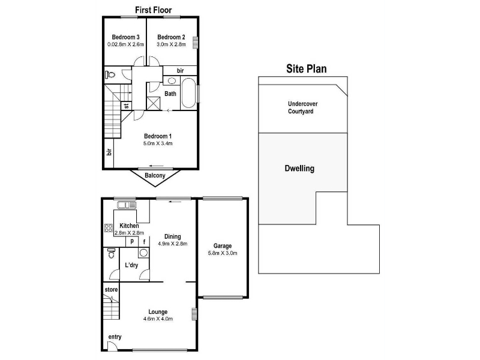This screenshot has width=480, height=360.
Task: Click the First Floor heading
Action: [154, 10]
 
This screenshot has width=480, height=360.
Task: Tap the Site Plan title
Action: [307, 68]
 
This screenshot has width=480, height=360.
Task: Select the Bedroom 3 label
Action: [125, 37]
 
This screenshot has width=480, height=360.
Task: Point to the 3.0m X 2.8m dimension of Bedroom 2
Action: [171, 44]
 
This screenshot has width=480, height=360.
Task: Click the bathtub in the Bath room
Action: [188, 93]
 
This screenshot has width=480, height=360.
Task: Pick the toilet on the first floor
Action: [110, 74]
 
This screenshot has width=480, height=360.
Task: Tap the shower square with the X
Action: [153, 103]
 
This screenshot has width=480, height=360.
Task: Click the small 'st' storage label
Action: [127, 106]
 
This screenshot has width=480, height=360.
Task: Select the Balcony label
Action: [155, 175]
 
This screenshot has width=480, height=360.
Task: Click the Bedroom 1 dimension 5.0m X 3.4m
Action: [158, 143]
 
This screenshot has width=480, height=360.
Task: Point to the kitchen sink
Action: [127, 205]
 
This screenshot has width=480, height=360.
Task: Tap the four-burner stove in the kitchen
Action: [109, 228]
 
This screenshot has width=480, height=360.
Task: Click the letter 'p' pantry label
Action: [132, 241]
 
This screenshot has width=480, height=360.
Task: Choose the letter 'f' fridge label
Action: [144, 242]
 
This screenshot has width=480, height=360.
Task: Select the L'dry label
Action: [131, 265]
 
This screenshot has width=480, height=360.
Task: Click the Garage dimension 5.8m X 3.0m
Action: [223, 253]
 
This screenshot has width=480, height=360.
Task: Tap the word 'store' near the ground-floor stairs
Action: [111, 289]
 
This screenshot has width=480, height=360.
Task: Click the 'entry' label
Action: [115, 337]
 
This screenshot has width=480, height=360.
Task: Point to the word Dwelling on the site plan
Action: [299, 169]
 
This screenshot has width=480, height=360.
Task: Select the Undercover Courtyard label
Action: [302, 107]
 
